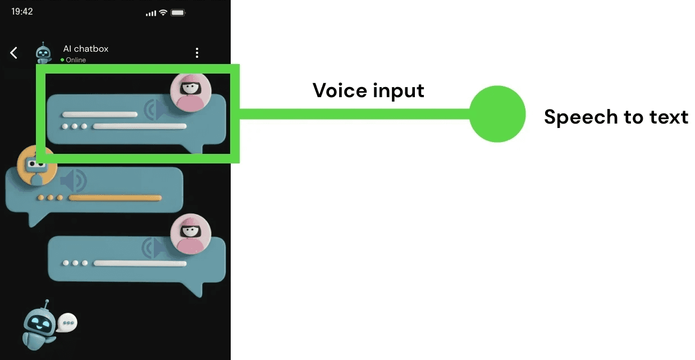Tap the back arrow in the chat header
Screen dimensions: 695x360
pyautogui.click(x=14, y=53)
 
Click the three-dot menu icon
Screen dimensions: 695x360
pyautogui.click(x=196, y=53)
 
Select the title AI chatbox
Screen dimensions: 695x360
pyautogui.click(x=86, y=49)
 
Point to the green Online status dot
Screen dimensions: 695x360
pyautogui.click(x=62, y=60)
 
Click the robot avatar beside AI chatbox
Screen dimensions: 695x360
pyautogui.click(x=43, y=53)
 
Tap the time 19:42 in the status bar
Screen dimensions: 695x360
pyautogui.click(x=22, y=12)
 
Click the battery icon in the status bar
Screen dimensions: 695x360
pyautogui.click(x=179, y=12)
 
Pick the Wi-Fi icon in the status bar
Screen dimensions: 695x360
pyautogui.click(x=163, y=12)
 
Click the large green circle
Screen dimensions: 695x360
pyautogui.click(x=497, y=114)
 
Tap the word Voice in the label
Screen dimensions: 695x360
pyautogui.click(x=335, y=90)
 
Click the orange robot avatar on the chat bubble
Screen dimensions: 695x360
pyautogui.click(x=36, y=165)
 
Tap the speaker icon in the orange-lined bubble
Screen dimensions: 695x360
pyautogui.click(x=74, y=181)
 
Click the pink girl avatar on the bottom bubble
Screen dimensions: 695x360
pyautogui.click(x=191, y=234)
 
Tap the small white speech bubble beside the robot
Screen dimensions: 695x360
pyautogui.click(x=68, y=322)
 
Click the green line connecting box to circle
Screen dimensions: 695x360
pyautogui.click(x=354, y=114)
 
